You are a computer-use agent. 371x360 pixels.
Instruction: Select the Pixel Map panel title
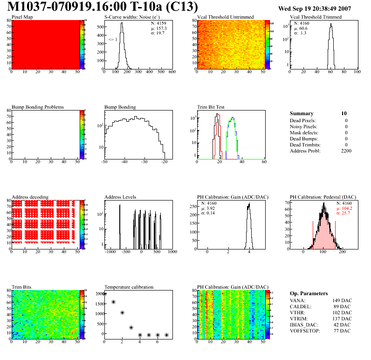(22, 17)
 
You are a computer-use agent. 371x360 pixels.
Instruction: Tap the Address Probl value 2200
(345, 151)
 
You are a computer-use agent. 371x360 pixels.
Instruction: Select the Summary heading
(302, 113)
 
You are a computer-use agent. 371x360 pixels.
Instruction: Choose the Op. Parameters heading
(309, 293)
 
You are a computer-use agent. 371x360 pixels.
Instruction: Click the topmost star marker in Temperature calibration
(104, 294)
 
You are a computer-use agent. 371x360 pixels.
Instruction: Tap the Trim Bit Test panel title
(211, 107)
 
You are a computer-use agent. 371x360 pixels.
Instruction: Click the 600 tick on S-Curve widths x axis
(172, 72)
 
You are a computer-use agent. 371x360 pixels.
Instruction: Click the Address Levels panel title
(120, 197)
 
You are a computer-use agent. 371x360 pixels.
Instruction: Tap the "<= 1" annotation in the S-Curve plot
(112, 40)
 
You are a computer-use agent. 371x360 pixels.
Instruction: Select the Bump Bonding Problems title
(38, 107)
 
